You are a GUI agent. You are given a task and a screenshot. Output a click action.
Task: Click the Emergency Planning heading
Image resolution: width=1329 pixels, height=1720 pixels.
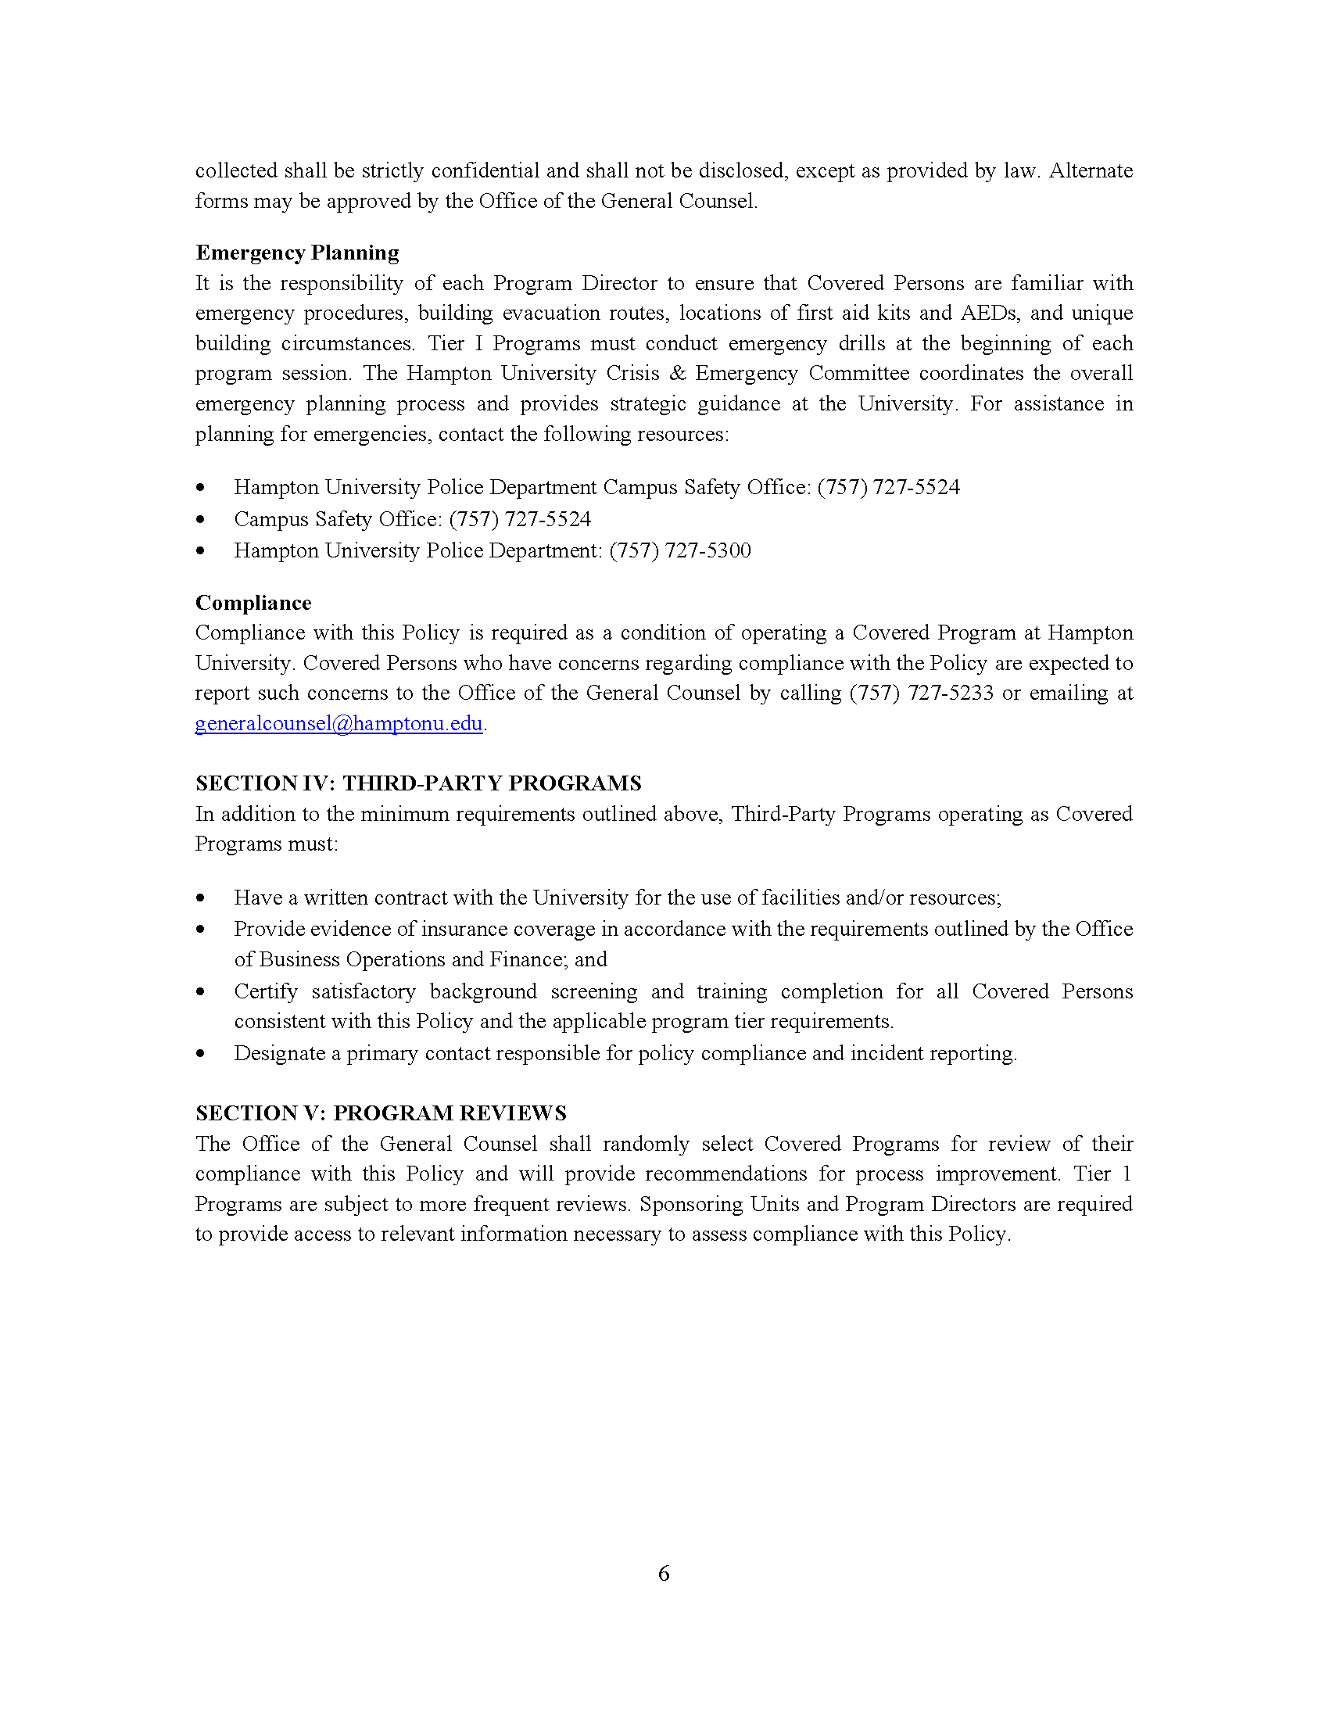click(297, 253)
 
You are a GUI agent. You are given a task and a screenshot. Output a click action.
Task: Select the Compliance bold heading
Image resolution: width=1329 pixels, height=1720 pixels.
click(253, 603)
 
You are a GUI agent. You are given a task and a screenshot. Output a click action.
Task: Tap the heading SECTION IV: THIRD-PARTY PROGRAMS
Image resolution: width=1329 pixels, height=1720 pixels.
click(418, 783)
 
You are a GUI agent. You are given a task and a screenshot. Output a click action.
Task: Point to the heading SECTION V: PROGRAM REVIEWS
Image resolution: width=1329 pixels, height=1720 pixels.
click(381, 1113)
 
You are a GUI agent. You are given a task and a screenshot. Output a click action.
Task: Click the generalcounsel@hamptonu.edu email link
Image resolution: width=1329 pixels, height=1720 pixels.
click(339, 723)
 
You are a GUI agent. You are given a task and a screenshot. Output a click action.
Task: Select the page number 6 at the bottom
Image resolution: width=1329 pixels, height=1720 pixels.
click(664, 1574)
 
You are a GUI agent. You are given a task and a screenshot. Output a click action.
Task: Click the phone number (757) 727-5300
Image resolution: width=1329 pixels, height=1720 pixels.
click(679, 550)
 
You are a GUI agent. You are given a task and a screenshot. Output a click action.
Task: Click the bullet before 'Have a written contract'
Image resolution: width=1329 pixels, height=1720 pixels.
click(201, 898)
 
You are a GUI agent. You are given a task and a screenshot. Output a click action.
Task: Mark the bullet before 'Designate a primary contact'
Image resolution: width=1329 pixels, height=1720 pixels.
click(201, 1054)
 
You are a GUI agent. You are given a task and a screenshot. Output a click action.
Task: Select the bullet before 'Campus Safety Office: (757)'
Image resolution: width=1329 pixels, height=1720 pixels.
click(201, 519)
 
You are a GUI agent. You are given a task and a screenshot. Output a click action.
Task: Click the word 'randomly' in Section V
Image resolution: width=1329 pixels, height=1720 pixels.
click(646, 1144)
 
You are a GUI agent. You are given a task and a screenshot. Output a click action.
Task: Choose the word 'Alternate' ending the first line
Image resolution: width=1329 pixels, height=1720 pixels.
click(1091, 171)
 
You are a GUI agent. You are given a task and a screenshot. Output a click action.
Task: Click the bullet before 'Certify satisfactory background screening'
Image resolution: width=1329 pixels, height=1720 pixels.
click(201, 991)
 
